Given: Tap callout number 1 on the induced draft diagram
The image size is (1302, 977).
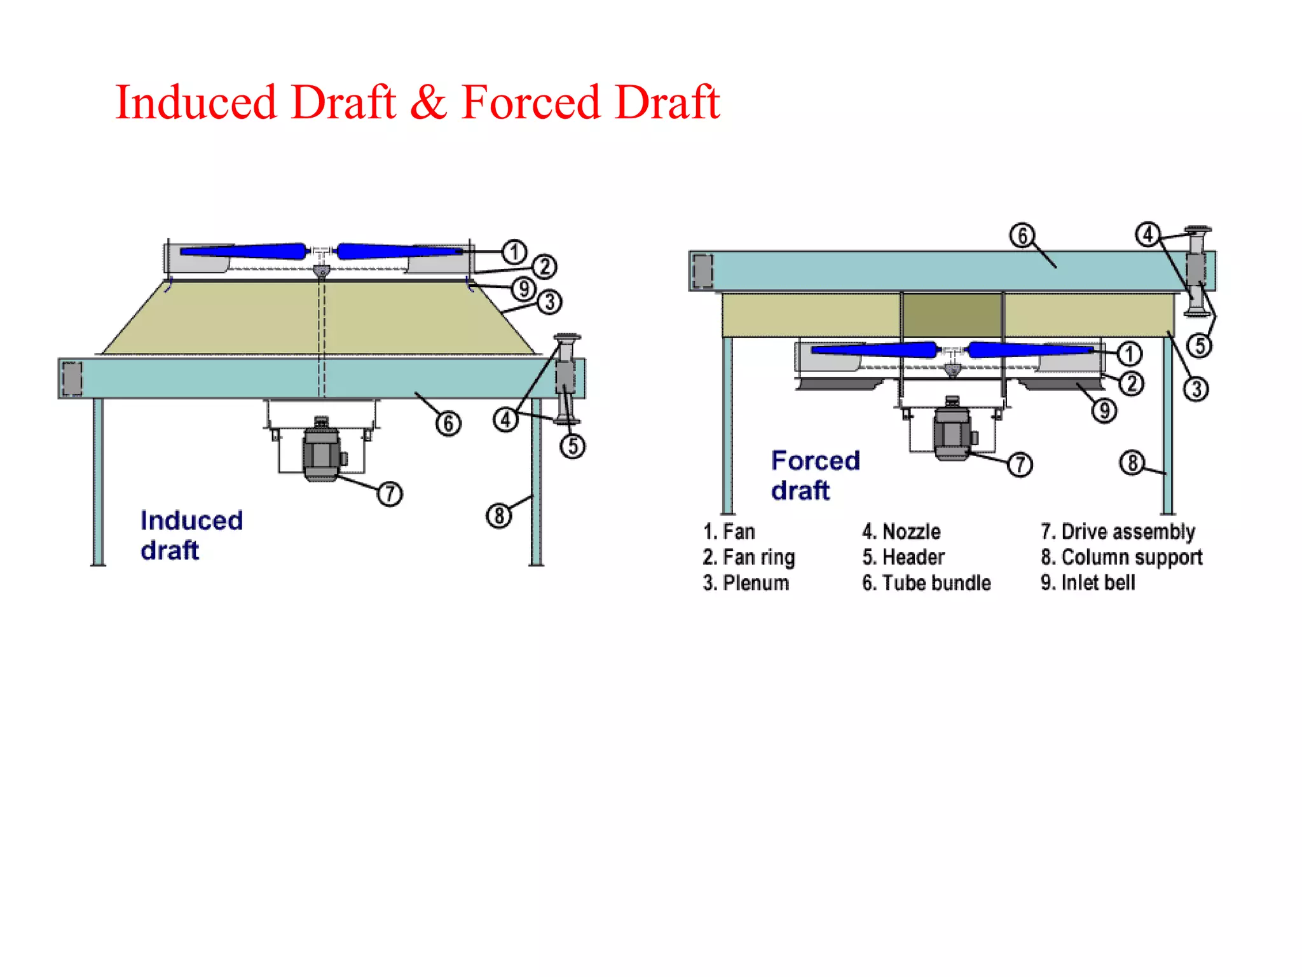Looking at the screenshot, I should [x=514, y=252].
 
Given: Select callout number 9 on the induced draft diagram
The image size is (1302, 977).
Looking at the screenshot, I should [x=524, y=288].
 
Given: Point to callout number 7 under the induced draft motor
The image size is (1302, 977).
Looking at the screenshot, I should [x=390, y=494].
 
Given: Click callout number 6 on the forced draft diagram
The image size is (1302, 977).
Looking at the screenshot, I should [x=1022, y=235].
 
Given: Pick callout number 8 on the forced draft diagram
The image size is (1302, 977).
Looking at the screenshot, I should [x=1132, y=462].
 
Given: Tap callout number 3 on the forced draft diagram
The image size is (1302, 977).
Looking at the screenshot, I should [x=1196, y=389].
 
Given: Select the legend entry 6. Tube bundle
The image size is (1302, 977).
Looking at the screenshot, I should [x=926, y=583].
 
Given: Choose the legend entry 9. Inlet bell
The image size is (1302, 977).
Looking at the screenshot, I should [x=1088, y=583].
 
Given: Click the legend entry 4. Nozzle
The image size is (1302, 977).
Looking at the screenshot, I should [x=901, y=531].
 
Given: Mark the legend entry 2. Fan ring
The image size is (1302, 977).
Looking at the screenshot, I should [x=749, y=557].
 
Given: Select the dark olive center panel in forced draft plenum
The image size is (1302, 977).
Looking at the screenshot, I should [x=952, y=315].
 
